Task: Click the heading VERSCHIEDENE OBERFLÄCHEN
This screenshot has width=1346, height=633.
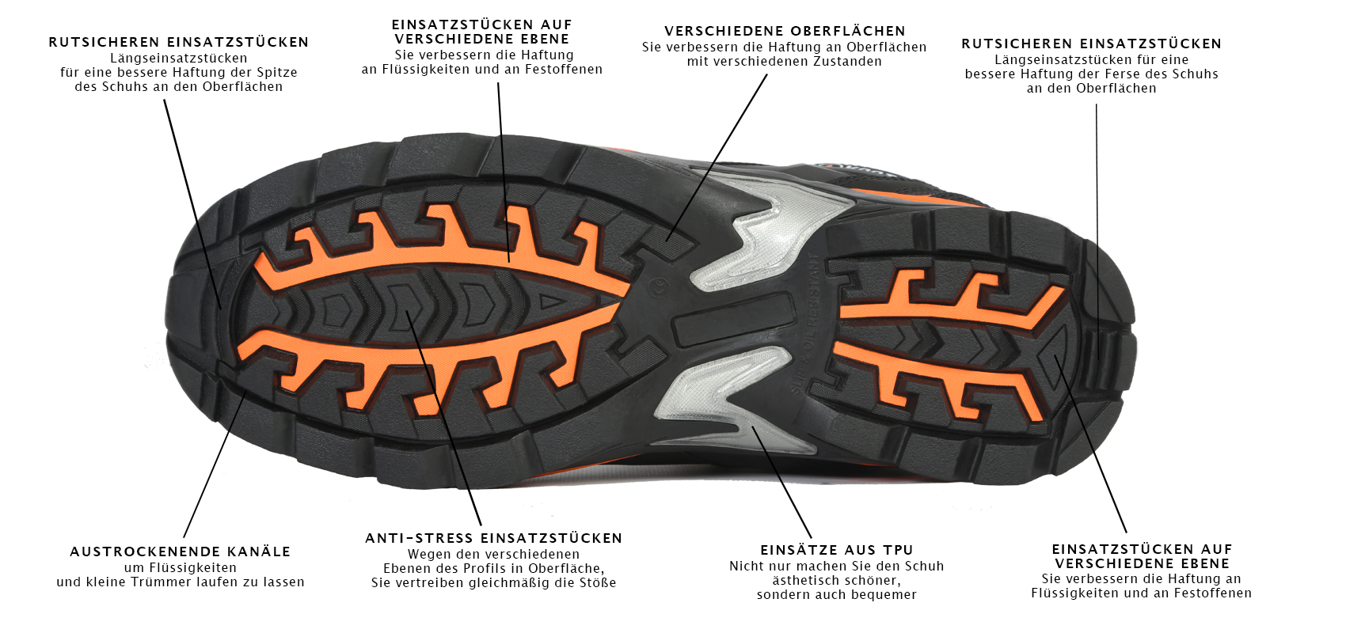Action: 785,31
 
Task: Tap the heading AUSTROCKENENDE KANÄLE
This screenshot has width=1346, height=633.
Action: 181,552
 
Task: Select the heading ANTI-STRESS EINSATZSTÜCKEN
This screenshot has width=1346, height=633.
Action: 494,538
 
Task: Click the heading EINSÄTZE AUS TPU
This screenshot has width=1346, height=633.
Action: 837,550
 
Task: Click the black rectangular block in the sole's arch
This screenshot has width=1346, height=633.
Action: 734,320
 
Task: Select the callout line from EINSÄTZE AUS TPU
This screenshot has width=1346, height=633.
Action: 781,482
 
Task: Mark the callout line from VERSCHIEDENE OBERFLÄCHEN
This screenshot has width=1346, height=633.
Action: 717,157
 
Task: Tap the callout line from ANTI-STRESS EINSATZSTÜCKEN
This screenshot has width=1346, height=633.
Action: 444,418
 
